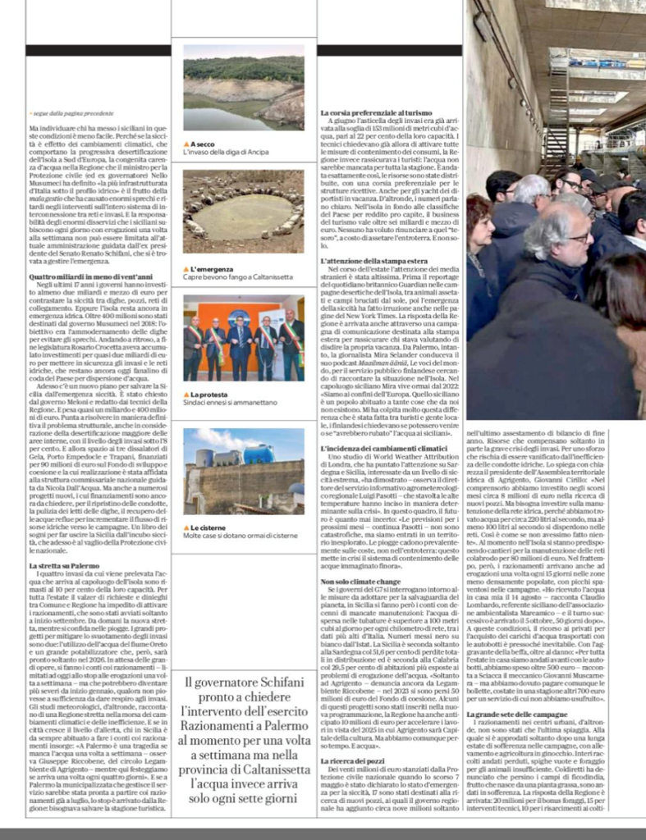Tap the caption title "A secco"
203,144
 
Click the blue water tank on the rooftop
259,453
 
